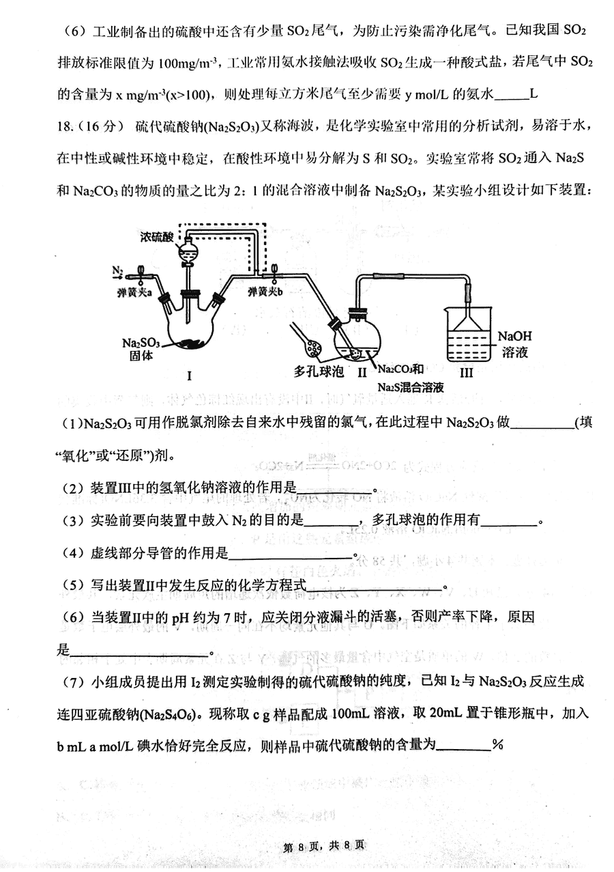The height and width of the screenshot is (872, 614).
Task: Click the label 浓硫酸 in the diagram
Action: [x=157, y=237]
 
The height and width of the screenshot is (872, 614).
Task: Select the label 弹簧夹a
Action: [x=134, y=293]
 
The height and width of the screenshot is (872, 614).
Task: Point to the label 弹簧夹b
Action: [x=265, y=292]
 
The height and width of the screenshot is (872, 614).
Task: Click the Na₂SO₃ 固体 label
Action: [x=141, y=349]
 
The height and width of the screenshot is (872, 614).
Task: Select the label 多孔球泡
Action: [x=319, y=371]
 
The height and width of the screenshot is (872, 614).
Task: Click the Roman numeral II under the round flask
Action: [x=362, y=372]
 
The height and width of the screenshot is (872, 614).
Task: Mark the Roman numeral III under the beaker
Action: [x=466, y=373]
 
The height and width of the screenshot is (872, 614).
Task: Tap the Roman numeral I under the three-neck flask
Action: [x=189, y=376]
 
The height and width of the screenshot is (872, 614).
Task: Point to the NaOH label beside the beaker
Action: [x=514, y=336]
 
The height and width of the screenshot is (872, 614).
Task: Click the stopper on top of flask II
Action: [x=357, y=311]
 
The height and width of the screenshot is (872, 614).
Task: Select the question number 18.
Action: [x=64, y=126]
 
